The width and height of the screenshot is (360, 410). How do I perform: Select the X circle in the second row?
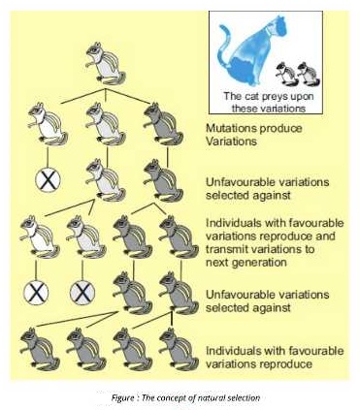click(x=46, y=179)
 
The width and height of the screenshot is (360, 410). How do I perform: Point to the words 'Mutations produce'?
click(x=248, y=128)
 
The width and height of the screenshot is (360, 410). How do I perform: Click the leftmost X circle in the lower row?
click(x=36, y=292)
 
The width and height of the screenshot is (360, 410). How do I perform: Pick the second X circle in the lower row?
click(x=82, y=292)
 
